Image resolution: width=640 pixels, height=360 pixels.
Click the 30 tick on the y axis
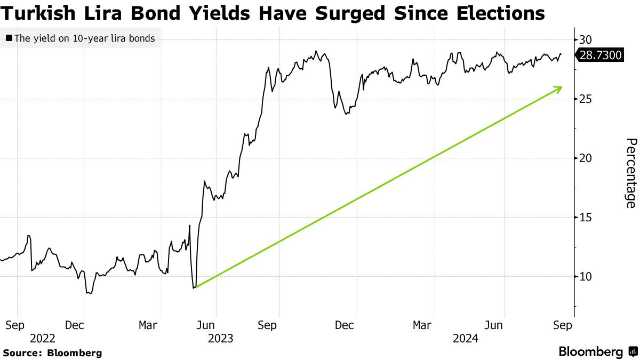(586, 39)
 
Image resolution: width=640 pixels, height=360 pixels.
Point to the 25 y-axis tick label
(586, 99)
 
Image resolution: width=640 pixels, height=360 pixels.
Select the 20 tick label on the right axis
(586, 158)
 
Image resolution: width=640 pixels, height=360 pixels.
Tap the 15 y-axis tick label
(586, 217)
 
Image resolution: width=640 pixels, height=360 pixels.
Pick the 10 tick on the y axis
(586, 276)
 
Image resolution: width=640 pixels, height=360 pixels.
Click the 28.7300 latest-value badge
(599, 54)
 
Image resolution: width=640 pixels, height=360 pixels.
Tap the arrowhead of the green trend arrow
(561, 88)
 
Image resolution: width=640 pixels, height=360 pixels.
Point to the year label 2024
(465, 338)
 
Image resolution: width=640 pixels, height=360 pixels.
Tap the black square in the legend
(9, 38)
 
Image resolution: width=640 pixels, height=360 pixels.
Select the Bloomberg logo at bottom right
(597, 351)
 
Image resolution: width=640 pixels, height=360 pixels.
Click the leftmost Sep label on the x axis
(17, 325)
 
